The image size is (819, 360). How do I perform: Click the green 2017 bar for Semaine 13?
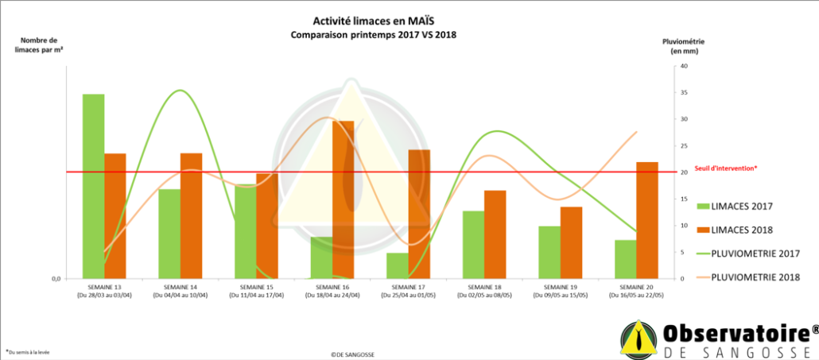[x=93, y=186]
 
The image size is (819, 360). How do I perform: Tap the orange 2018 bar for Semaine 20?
[x=647, y=220]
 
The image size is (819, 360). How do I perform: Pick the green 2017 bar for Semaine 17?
[x=398, y=265]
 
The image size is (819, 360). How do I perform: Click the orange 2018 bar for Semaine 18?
[x=495, y=234]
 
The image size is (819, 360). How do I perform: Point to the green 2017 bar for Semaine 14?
[x=169, y=234]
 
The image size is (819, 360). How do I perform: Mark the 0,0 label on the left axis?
[x=56, y=279]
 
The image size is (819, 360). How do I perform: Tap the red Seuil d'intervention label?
[x=726, y=168]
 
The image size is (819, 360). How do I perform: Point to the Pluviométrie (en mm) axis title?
[x=683, y=46]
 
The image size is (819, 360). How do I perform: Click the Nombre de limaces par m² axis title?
[x=39, y=45]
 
